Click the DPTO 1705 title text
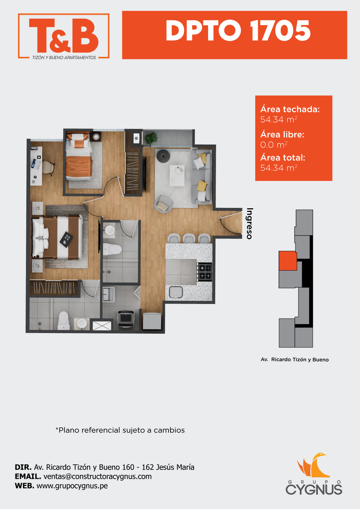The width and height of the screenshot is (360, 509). pos(238,31)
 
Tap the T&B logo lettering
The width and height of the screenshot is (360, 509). pos(64,36)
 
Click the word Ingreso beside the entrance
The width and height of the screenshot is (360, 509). pos(250,224)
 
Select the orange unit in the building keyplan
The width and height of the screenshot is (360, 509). pos(288,261)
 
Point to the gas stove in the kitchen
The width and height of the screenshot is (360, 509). pos(204,272)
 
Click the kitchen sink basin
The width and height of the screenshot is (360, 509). pos(176,292)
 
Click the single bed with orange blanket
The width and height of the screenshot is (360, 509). pos(79,156)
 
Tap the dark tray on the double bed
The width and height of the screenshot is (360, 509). pos(66,239)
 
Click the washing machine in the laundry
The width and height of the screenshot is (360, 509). pos(126,319)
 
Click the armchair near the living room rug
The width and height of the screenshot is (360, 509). pos(163,204)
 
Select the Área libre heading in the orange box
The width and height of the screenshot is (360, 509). pos(282,135)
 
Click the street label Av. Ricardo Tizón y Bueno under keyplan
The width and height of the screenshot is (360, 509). pos(295,359)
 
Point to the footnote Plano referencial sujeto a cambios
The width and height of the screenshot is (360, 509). pos(120,430)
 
